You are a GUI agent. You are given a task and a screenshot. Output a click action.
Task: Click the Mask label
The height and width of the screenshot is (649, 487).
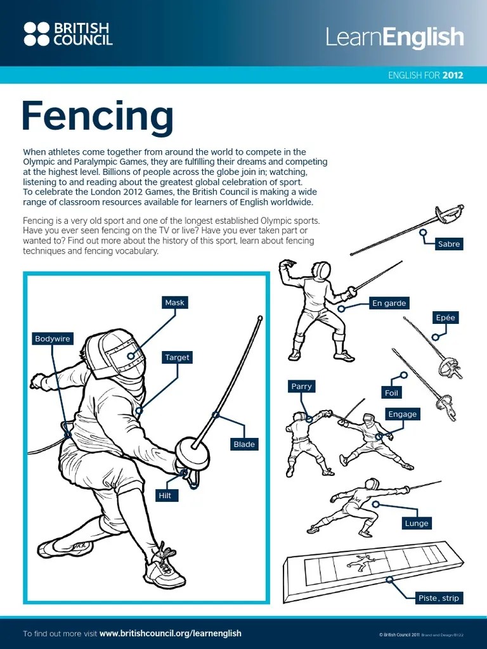pyautogui.click(x=174, y=302)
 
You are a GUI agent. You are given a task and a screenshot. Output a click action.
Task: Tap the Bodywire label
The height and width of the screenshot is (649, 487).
pyautogui.click(x=52, y=339)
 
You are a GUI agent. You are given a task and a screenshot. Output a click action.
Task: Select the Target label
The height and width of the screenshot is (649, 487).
pyautogui.click(x=177, y=357)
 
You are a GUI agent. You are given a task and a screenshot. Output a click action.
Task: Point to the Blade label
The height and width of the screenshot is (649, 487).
pyautogui.click(x=244, y=444)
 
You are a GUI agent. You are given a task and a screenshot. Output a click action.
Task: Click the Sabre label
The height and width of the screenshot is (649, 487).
pyautogui.click(x=449, y=243)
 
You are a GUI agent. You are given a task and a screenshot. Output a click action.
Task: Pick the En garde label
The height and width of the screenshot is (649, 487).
pyautogui.click(x=389, y=303)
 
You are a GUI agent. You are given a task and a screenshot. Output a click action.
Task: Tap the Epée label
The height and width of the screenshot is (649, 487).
pyautogui.click(x=445, y=318)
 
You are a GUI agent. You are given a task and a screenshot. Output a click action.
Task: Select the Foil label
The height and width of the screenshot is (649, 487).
pyautogui.click(x=392, y=393)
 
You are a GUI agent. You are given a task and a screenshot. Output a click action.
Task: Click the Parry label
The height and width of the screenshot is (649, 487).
pyautogui.click(x=301, y=386)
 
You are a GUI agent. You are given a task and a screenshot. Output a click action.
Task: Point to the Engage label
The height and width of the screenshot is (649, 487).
pyautogui.click(x=403, y=414)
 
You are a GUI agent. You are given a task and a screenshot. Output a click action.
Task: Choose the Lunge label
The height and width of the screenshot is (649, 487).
pyautogui.click(x=417, y=523)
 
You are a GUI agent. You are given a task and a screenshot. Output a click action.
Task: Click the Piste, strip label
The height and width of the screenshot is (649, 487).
pyautogui.click(x=438, y=598)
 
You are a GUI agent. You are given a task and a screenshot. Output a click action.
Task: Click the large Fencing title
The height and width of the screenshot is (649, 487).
pyautogui.click(x=98, y=116)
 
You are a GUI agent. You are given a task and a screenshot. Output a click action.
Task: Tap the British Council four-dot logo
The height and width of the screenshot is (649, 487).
pyautogui.click(x=36, y=34)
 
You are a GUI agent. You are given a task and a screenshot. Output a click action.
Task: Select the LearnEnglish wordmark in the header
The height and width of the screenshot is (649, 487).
pyautogui.click(x=394, y=37)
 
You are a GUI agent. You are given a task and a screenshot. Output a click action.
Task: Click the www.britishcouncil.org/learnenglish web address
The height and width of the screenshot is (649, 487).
pyautogui.click(x=171, y=633)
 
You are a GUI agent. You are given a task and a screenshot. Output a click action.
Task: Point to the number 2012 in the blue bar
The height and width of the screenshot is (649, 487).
pyautogui.click(x=453, y=75)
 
